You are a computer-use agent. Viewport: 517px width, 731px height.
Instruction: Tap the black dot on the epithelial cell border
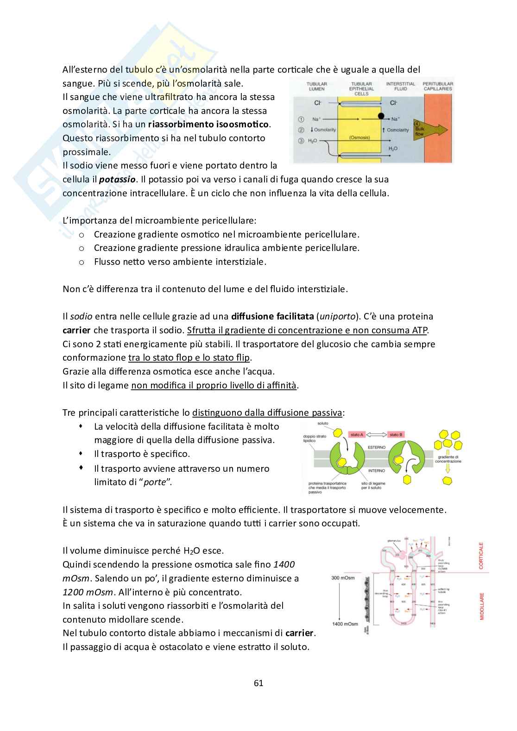click(381, 115)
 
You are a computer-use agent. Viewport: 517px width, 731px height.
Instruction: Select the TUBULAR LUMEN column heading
click(316, 87)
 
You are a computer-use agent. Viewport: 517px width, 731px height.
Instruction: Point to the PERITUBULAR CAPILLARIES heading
click(437, 87)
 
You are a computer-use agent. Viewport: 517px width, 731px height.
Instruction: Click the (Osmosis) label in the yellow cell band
click(359, 138)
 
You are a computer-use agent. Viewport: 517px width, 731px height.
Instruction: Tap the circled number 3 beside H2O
click(301, 141)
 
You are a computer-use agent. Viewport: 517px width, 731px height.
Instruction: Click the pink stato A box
click(357, 435)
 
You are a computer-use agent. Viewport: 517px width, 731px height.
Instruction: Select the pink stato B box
click(396, 435)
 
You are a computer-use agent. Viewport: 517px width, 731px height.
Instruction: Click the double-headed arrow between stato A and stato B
click(377, 435)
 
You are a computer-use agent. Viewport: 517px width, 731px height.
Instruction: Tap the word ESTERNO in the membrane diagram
click(377, 447)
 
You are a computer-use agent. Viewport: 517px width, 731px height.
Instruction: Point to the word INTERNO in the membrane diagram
click(376, 470)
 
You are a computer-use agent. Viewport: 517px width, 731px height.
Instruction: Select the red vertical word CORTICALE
click(481, 556)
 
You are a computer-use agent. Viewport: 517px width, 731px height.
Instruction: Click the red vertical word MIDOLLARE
click(481, 606)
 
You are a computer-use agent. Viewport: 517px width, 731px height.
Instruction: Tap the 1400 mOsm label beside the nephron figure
click(345, 624)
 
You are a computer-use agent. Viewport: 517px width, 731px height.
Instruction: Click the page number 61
click(258, 683)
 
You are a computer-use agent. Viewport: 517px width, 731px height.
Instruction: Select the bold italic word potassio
click(118, 179)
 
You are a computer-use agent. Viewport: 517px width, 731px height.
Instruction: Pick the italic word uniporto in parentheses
click(337, 317)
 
